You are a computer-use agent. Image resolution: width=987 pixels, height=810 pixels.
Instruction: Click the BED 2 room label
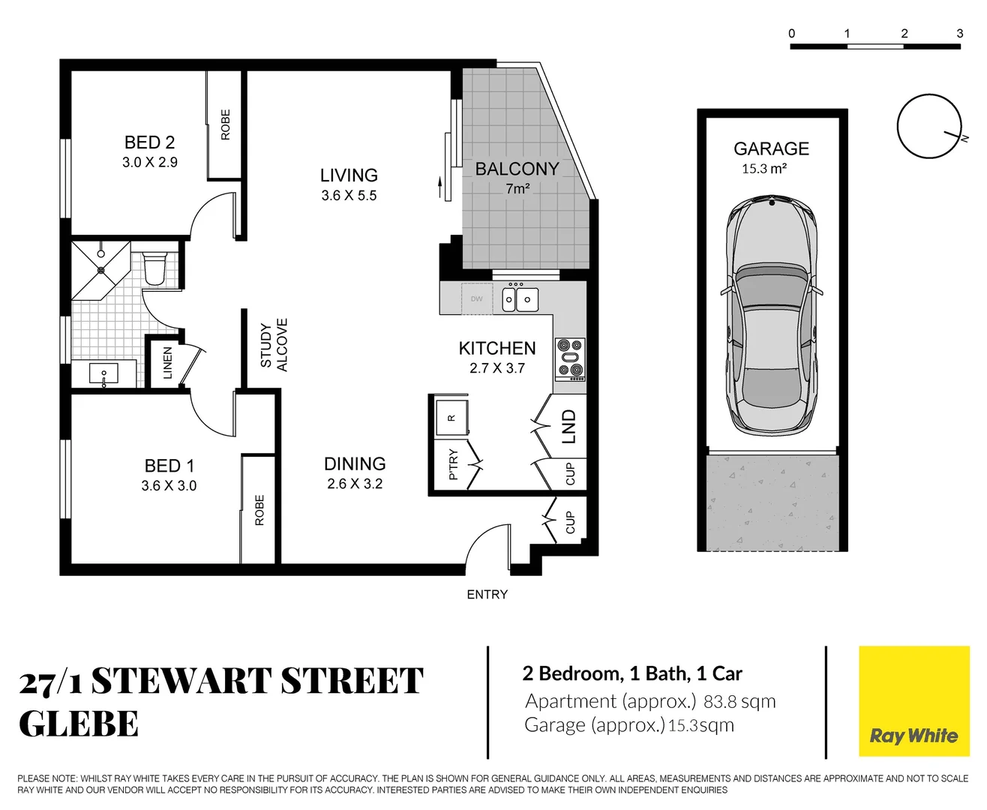[x=149, y=142]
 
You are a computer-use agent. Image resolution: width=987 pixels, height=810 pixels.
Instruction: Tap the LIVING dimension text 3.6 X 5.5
[x=349, y=196]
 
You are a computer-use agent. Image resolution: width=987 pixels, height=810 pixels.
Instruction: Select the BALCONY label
[x=517, y=169]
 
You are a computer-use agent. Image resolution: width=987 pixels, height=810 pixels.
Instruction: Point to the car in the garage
[x=772, y=315]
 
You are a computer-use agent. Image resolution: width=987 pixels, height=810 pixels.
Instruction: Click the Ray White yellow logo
[x=913, y=701]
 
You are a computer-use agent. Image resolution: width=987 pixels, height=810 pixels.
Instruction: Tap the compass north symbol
[x=930, y=127]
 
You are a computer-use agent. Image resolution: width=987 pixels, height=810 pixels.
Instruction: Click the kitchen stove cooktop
[x=570, y=358]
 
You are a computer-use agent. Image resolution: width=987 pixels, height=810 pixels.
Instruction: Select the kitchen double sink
[x=518, y=299]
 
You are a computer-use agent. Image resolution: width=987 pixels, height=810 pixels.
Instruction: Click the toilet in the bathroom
[x=154, y=268]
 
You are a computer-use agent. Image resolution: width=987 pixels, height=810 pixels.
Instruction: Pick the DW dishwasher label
[x=477, y=299]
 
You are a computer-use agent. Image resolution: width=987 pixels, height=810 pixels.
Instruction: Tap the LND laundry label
[x=569, y=426]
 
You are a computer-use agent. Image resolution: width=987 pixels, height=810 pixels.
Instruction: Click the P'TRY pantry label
[x=453, y=464]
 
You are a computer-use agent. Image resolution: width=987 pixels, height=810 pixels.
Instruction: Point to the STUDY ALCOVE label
[x=274, y=345]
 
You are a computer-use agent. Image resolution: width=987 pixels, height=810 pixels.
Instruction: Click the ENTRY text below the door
[x=487, y=595]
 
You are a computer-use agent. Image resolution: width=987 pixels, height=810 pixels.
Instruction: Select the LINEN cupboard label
[x=168, y=363]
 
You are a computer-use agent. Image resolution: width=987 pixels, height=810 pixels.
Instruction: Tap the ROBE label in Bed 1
[x=259, y=510]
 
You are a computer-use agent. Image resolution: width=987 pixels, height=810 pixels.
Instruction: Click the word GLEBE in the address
[x=79, y=724]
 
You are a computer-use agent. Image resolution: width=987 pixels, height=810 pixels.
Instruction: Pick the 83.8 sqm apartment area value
[x=739, y=702]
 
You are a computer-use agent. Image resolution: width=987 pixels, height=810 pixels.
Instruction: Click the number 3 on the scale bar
[x=959, y=34]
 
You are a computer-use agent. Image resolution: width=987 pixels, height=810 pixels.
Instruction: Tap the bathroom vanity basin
[x=103, y=373]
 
